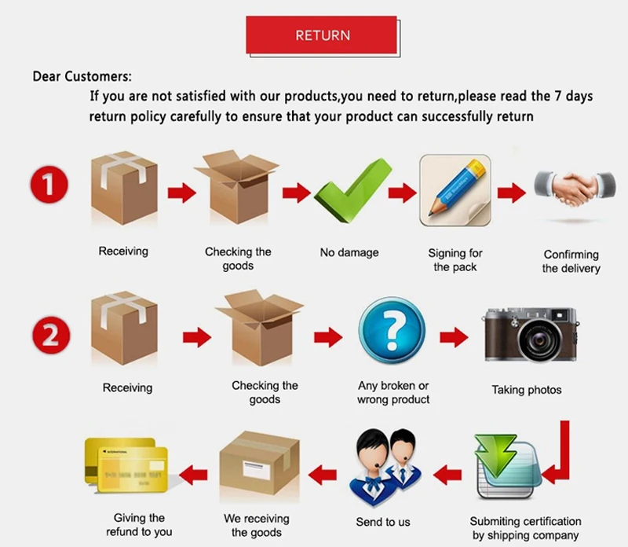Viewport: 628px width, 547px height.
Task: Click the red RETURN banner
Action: click(x=322, y=35)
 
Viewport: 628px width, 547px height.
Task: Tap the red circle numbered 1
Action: click(x=49, y=186)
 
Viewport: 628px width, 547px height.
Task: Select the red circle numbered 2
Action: click(x=49, y=336)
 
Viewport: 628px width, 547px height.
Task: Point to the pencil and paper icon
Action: click(x=454, y=189)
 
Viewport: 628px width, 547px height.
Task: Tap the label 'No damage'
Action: click(x=349, y=253)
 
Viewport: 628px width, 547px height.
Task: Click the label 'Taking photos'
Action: click(x=527, y=390)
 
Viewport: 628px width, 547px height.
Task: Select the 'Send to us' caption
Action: click(x=384, y=522)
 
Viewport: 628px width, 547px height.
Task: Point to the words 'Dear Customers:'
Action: click(x=82, y=77)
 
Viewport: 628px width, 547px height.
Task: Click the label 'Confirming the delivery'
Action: click(x=571, y=262)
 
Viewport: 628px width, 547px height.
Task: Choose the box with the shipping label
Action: click(x=260, y=468)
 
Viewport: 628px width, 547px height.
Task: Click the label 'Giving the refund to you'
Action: click(x=140, y=525)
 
